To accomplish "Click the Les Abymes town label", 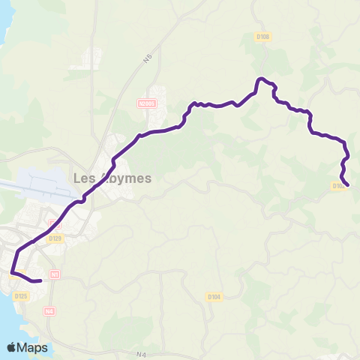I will pyautogui.click(x=112, y=178).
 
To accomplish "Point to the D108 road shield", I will pyautogui.click(x=262, y=36).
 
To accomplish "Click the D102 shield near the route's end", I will pyautogui.click(x=338, y=186).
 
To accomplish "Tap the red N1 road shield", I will pyautogui.click(x=55, y=274).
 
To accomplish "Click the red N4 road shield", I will pyautogui.click(x=49, y=310).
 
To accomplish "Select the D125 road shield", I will pyautogui.click(x=21, y=296).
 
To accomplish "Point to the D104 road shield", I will pyautogui.click(x=214, y=297).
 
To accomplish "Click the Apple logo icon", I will pyautogui.click(x=12, y=347).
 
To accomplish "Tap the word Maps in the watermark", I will pyautogui.click(x=33, y=347).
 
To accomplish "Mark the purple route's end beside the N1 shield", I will pyautogui.click(x=40, y=280).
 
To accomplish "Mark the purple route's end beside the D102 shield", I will pyautogui.click(x=349, y=185).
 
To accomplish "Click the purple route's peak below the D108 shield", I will pyautogui.click(x=261, y=79).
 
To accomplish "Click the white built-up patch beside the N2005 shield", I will pyautogui.click(x=160, y=116).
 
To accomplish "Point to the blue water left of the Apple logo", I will pyautogui.click(x=4, y=330).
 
